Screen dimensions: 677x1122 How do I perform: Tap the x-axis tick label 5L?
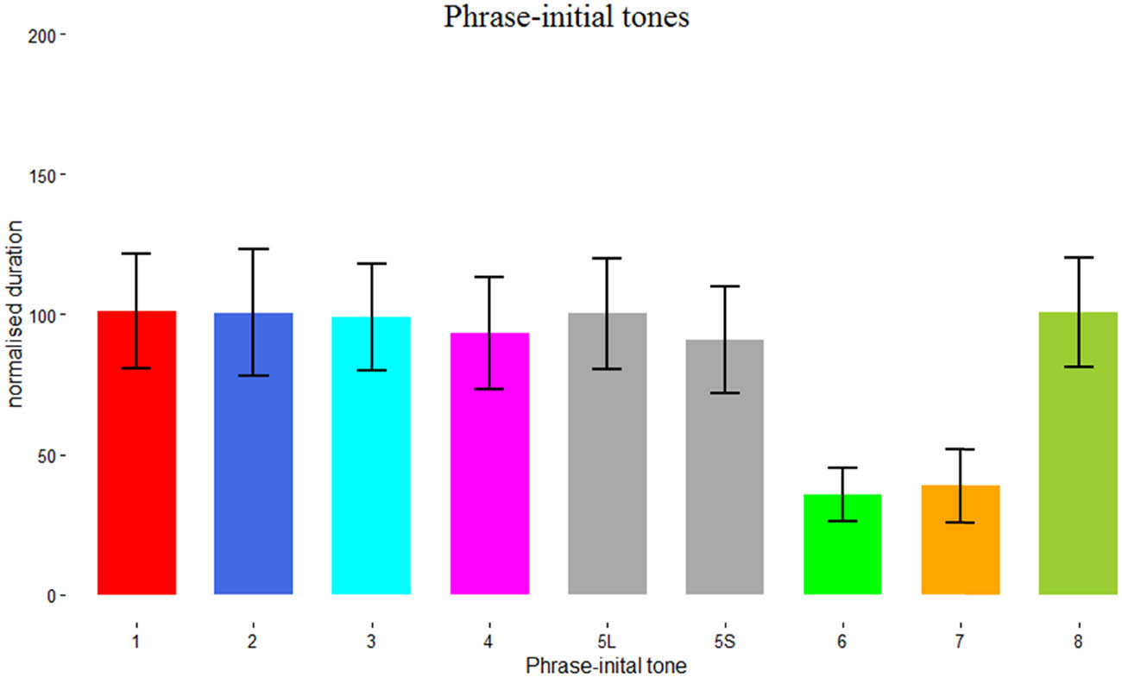click(x=607, y=641)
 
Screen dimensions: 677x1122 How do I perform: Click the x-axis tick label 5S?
click(x=724, y=641)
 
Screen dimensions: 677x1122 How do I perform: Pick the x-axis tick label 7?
click(x=960, y=641)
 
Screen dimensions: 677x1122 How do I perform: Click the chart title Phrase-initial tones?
click(x=566, y=16)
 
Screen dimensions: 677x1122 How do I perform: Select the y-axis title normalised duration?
click(x=16, y=315)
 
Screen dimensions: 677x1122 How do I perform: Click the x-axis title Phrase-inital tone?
click(x=606, y=666)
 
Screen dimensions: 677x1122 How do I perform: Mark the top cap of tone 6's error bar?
click(x=842, y=467)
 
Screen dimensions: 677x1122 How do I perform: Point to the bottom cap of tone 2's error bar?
click(x=253, y=376)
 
